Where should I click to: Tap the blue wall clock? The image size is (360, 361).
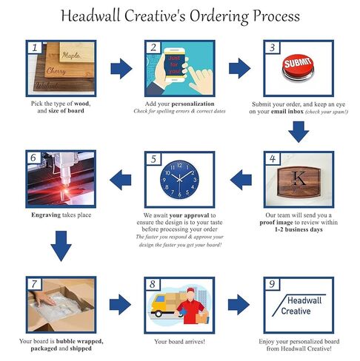pos(179,180)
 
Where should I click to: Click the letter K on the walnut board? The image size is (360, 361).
pos(299,178)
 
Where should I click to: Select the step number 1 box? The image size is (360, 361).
pos(35,47)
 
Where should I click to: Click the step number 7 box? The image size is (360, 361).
pos(34,284)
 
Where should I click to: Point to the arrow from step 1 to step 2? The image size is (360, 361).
pos(121,69)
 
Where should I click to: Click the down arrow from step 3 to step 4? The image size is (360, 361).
pos(299,132)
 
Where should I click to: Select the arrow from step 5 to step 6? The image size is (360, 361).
pos(121,180)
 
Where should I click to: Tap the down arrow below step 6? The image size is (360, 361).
pos(61,246)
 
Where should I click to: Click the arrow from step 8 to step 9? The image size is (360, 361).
pos(239,304)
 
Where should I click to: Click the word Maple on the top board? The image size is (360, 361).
pos(71,55)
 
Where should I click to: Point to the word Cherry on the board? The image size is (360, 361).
pos(56,71)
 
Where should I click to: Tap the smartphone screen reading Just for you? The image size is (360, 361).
pos(174,65)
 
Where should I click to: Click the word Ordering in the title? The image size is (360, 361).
pos(219,16)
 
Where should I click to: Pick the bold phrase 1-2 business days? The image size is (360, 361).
pos(299,229)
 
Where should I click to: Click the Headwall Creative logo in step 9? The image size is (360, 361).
pos(299,306)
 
